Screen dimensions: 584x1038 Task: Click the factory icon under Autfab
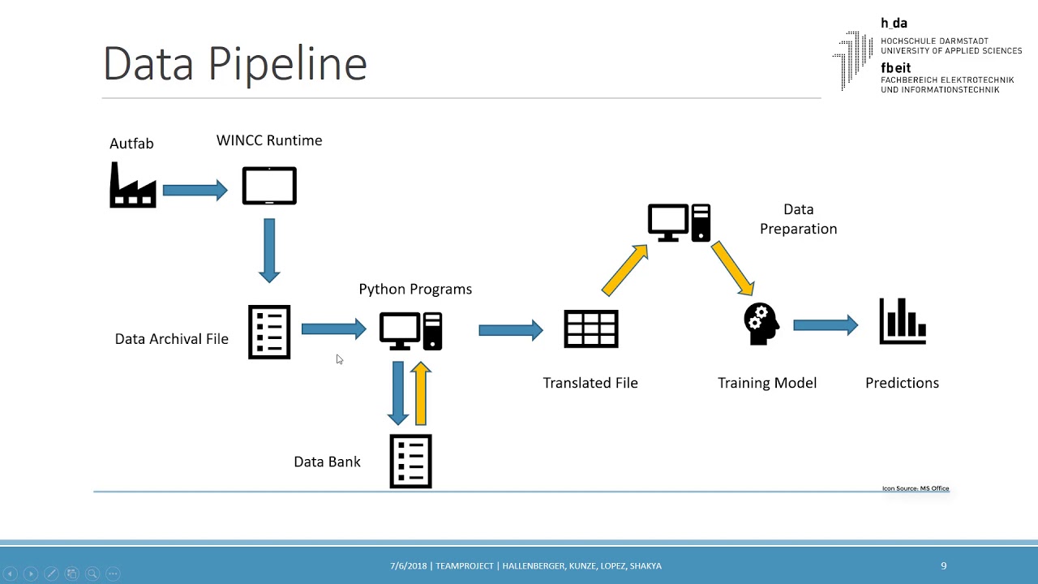point(133,186)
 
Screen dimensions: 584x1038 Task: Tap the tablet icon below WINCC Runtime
point(269,186)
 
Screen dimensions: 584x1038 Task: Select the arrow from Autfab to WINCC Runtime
point(195,191)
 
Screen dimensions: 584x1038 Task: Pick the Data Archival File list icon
point(269,332)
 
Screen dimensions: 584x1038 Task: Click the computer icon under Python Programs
point(411,331)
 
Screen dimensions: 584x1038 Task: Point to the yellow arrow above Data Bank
point(420,393)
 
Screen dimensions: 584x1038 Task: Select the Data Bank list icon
point(411,462)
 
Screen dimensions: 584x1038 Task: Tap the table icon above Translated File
point(591,329)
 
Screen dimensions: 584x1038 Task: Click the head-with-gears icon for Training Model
point(761,324)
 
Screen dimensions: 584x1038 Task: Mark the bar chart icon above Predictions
point(903,321)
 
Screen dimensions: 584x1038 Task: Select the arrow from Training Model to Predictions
point(826,325)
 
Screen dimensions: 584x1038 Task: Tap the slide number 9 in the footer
point(944,566)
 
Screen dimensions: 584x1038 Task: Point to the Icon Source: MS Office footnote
point(916,488)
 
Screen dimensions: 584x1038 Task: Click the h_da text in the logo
point(894,24)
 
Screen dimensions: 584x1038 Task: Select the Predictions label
point(902,383)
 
